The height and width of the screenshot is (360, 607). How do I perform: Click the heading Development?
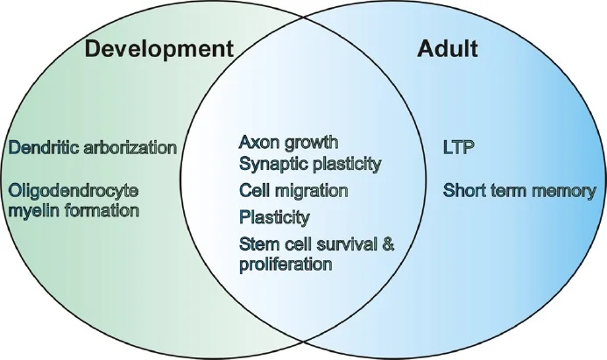(159, 48)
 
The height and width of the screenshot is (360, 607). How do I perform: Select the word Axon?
(258, 141)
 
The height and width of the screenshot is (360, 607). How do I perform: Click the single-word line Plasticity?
(273, 216)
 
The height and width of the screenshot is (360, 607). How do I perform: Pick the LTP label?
(459, 146)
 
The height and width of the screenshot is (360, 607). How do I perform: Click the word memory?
(559, 190)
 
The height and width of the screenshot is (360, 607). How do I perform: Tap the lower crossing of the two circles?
(303, 339)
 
